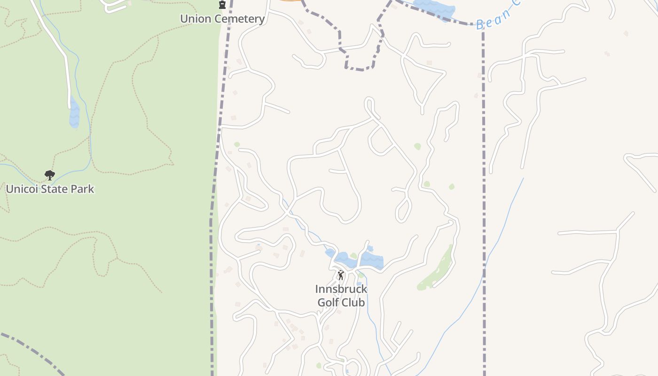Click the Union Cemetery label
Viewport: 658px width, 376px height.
tap(222, 19)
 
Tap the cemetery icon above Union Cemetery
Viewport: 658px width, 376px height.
tap(222, 5)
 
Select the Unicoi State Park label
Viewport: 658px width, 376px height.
tap(50, 189)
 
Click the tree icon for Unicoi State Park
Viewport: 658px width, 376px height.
tap(50, 175)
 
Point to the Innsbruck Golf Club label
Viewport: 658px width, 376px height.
tap(341, 296)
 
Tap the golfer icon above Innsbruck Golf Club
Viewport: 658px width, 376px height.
tap(341, 275)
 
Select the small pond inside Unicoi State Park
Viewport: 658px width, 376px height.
tap(74, 113)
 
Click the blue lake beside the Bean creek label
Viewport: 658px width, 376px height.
tap(435, 8)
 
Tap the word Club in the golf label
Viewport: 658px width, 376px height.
tap(353, 302)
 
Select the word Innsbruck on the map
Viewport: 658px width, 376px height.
tap(341, 289)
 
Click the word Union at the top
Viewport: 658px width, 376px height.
tap(194, 19)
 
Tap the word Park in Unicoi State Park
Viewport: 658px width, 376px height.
tap(82, 189)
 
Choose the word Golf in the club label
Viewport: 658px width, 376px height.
tap(328, 302)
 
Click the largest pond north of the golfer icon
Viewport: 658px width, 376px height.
tap(372, 260)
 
